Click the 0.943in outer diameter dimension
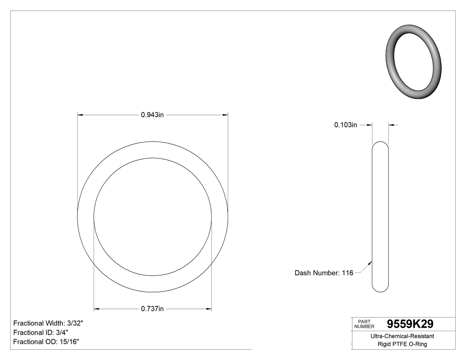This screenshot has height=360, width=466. pyautogui.click(x=153, y=115)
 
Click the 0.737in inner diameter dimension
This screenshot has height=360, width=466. pyautogui.click(x=153, y=309)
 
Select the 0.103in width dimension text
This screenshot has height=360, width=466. pyautogui.click(x=346, y=125)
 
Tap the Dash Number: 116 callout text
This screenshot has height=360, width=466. pyautogui.click(x=324, y=273)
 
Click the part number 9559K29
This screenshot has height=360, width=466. pyautogui.click(x=410, y=324)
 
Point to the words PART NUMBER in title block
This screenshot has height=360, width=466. pyautogui.click(x=364, y=324)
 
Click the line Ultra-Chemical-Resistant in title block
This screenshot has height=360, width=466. pyautogui.click(x=402, y=336)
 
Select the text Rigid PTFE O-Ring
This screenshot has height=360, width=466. pyautogui.click(x=402, y=344)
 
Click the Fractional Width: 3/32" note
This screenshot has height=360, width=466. pyautogui.click(x=48, y=323)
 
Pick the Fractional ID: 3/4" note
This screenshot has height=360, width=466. pyautogui.click(x=41, y=332)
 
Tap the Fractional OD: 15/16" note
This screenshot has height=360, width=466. pyautogui.click(x=46, y=341)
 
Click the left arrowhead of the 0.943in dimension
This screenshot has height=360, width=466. pyautogui.click(x=80, y=115)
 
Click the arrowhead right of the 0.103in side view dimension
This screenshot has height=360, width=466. pyautogui.click(x=391, y=125)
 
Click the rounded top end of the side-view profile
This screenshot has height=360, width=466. pyautogui.click(x=380, y=143)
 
